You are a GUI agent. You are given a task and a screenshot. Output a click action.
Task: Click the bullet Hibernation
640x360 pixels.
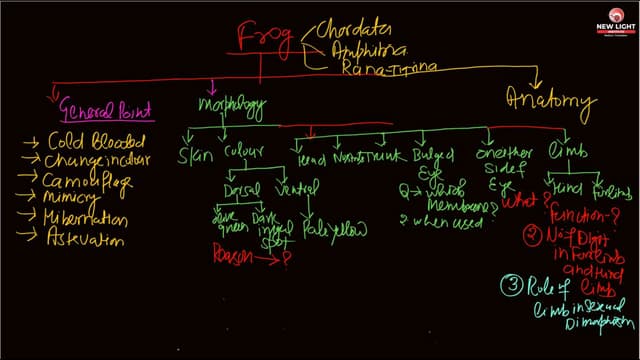(96, 222)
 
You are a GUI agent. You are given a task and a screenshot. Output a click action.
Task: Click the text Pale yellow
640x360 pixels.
(335, 230)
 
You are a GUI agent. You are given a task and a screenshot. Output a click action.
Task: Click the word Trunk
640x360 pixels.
(383, 157)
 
